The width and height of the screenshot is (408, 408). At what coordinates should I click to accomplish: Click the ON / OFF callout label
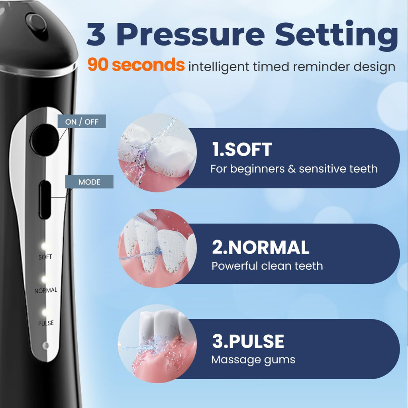coord(82,121)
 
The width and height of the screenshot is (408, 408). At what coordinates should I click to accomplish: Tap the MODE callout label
coord(89,182)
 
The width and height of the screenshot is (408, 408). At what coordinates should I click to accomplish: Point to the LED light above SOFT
coord(44,245)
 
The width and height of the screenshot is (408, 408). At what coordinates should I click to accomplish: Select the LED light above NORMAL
coord(45,279)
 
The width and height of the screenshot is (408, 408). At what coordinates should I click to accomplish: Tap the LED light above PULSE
coord(45,312)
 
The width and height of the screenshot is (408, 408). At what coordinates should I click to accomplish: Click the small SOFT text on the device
coord(45,257)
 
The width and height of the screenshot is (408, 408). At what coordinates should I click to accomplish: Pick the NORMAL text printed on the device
coord(46,290)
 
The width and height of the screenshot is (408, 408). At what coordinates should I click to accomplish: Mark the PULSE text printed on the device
coord(46,323)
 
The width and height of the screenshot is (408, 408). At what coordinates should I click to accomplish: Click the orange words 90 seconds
coord(136,65)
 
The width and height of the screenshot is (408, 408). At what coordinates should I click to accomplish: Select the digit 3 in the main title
coord(96,35)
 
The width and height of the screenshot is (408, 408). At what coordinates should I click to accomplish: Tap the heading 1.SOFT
coord(242,150)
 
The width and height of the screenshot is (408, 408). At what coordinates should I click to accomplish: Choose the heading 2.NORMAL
coord(261,247)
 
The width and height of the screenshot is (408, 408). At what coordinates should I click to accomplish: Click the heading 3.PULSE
coord(248,341)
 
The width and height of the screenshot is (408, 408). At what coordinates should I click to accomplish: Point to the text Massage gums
coord(253,360)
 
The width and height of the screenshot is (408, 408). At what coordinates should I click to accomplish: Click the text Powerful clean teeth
coord(267,266)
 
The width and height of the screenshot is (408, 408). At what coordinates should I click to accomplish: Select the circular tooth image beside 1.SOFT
coord(157,153)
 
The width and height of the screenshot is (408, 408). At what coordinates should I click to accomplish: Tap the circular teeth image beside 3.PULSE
coord(157,343)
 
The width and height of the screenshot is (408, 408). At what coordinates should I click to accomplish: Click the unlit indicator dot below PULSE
coord(45,345)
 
